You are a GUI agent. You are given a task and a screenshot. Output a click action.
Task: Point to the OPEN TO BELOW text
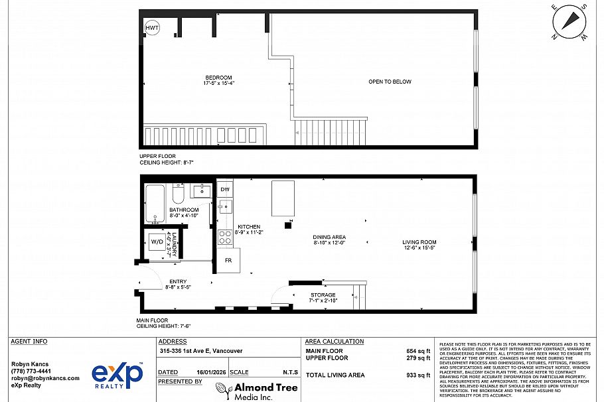[390, 82]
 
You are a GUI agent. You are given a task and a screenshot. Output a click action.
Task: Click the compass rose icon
[569, 21]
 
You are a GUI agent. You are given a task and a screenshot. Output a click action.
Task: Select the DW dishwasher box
[225, 189]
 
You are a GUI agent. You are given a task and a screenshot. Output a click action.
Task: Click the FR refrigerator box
[228, 260]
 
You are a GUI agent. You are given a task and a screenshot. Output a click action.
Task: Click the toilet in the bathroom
[178, 196]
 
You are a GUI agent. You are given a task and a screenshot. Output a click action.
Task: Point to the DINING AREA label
[329, 237]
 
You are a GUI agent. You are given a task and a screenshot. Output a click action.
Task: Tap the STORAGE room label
[323, 295]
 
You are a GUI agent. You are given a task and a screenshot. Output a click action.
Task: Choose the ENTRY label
[178, 281]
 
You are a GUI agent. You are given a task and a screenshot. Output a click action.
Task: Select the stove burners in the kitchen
[225, 237]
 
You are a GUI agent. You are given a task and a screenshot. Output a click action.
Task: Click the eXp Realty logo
[117, 376]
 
